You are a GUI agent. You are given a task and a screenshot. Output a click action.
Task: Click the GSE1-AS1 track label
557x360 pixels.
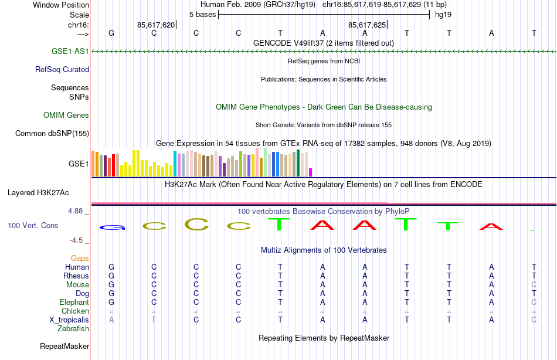tap(70, 51)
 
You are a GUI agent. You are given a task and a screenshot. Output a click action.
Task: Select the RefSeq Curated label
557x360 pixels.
tap(62, 69)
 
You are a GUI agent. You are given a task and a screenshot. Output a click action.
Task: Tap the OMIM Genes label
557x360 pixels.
tap(66, 115)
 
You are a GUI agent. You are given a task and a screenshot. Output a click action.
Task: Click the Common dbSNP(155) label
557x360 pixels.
tap(52, 133)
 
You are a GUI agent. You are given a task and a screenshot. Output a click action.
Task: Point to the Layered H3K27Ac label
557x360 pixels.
tap(38, 192)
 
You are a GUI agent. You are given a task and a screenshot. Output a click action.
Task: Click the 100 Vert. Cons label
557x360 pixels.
tap(34, 225)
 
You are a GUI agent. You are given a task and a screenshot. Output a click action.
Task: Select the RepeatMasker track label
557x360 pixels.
tap(64, 346)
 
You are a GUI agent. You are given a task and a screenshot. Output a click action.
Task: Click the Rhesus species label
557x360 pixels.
tap(77, 276)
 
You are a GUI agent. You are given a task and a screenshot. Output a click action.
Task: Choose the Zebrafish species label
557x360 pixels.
tap(73, 328)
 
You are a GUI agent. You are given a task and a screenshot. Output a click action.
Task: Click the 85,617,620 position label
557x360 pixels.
tap(155, 25)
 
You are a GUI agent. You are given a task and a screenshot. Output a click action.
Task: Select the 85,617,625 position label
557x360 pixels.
tap(366, 25)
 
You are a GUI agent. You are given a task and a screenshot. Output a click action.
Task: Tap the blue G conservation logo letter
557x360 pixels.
tap(111, 227)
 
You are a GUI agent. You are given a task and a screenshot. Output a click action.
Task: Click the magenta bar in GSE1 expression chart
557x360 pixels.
tap(311, 172)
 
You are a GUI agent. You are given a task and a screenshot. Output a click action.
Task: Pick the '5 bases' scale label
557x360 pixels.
tap(202, 14)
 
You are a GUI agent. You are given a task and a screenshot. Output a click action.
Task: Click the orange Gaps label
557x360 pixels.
tap(80, 258)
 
